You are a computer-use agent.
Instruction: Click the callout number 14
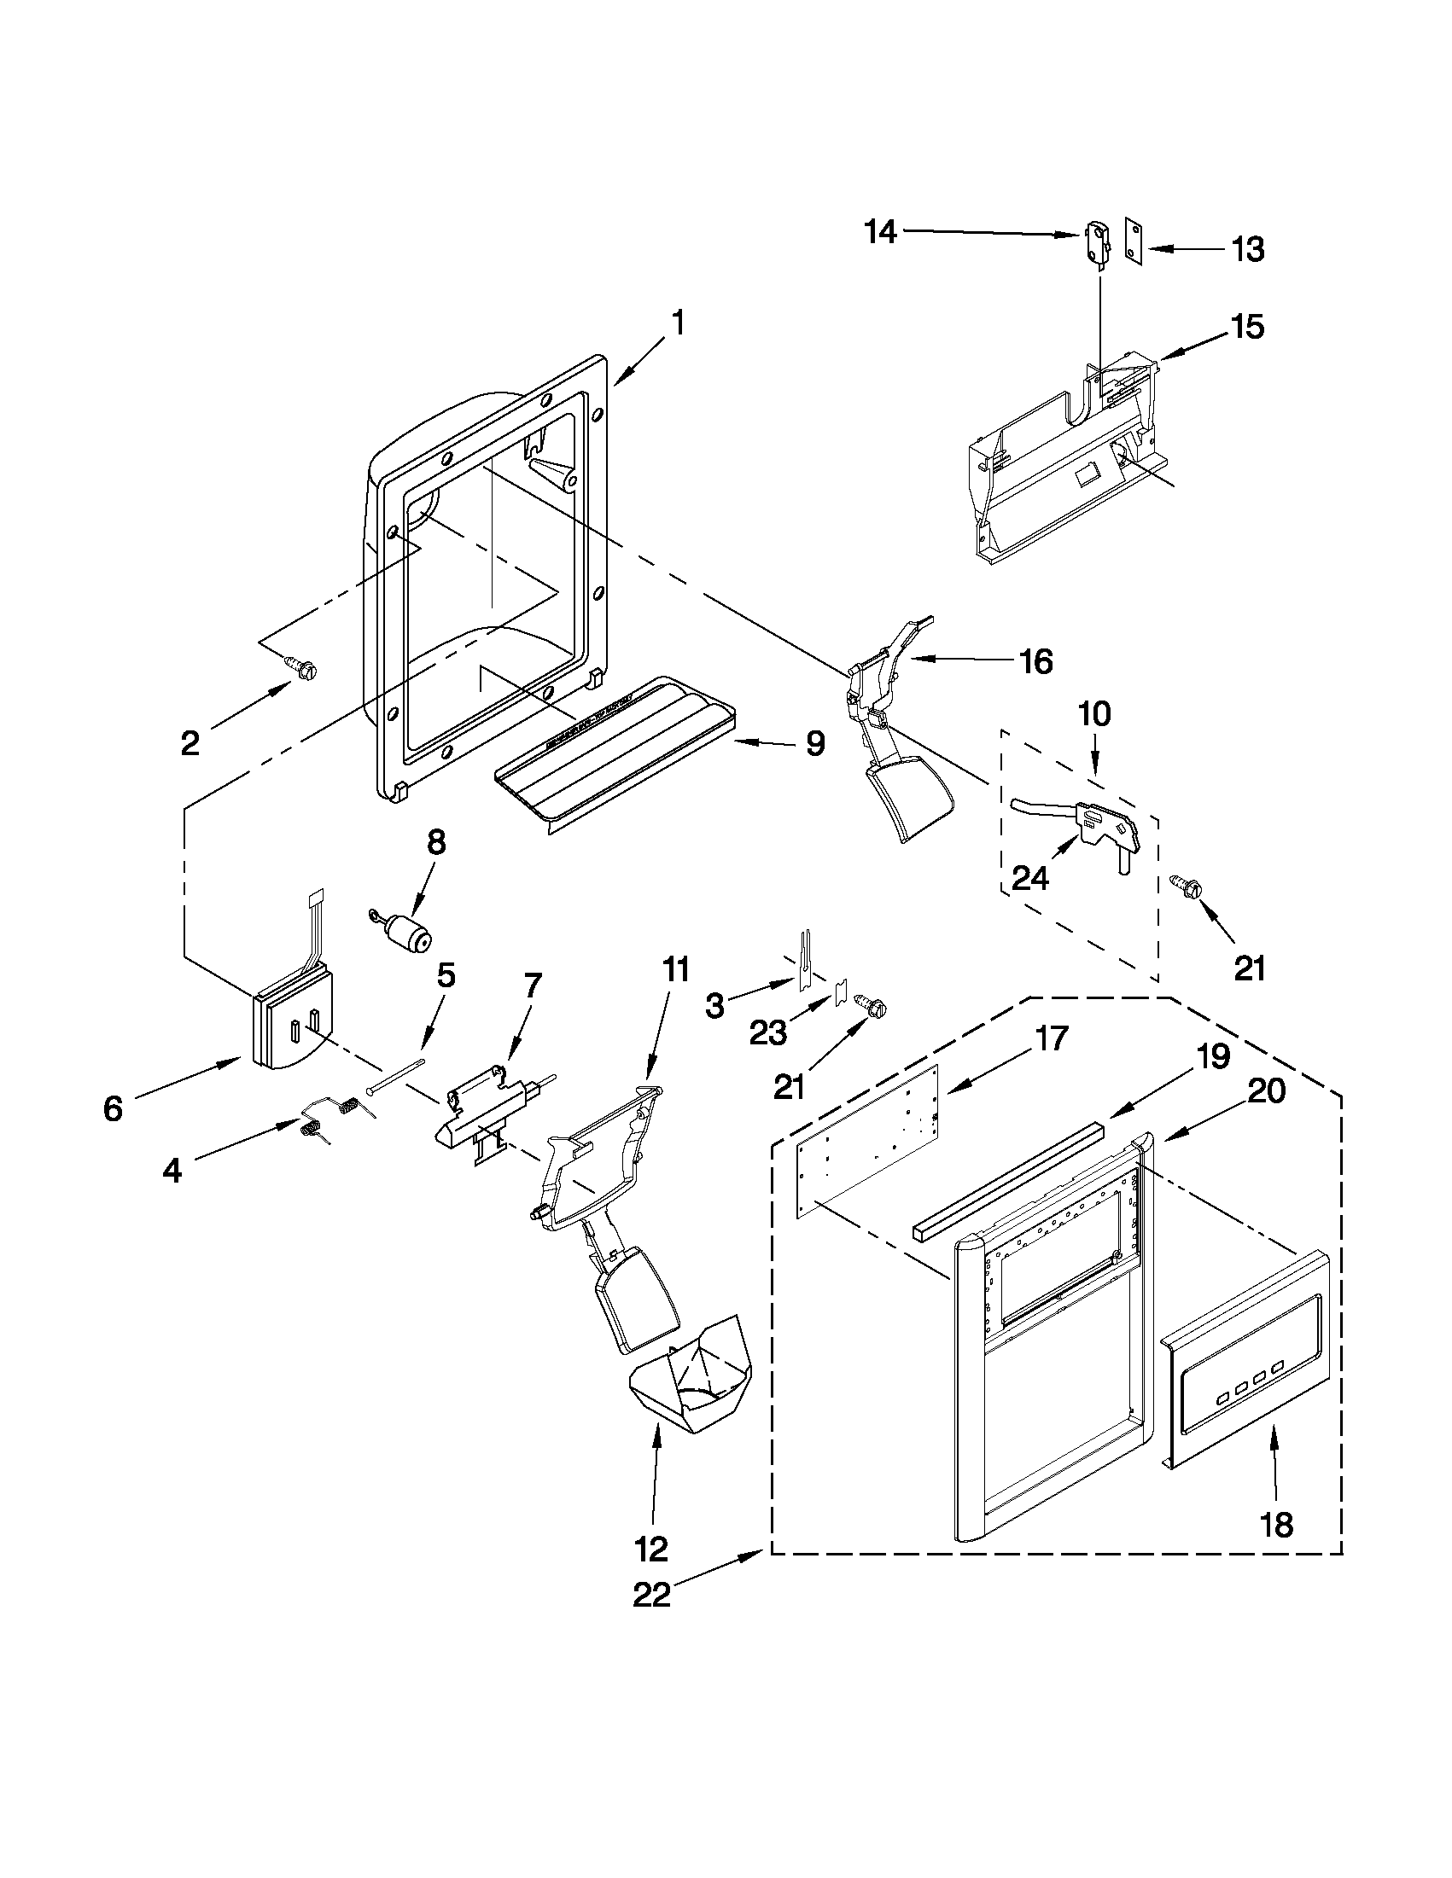[x=880, y=231]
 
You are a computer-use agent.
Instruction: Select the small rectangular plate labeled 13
[x=1135, y=244]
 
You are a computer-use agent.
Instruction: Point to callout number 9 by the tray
[x=814, y=743]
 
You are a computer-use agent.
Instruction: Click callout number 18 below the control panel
[x=1275, y=1525]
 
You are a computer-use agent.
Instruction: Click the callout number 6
[x=113, y=1108]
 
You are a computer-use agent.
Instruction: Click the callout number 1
[x=678, y=323]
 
